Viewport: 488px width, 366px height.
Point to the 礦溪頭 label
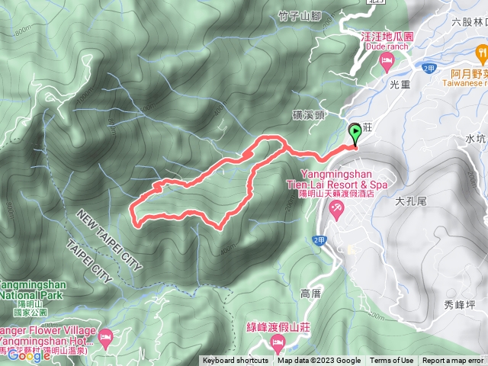309,114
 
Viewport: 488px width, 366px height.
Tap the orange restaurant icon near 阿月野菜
481,53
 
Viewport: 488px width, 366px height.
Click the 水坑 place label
475,139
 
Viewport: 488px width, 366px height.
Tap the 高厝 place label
312,293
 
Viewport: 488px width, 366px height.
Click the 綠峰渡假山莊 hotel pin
277,338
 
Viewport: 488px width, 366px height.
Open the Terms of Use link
392,361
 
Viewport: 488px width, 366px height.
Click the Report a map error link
453,361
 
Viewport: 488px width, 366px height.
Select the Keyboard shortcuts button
236,361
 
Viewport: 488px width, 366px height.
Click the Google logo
29,354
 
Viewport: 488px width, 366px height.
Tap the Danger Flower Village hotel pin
105,335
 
